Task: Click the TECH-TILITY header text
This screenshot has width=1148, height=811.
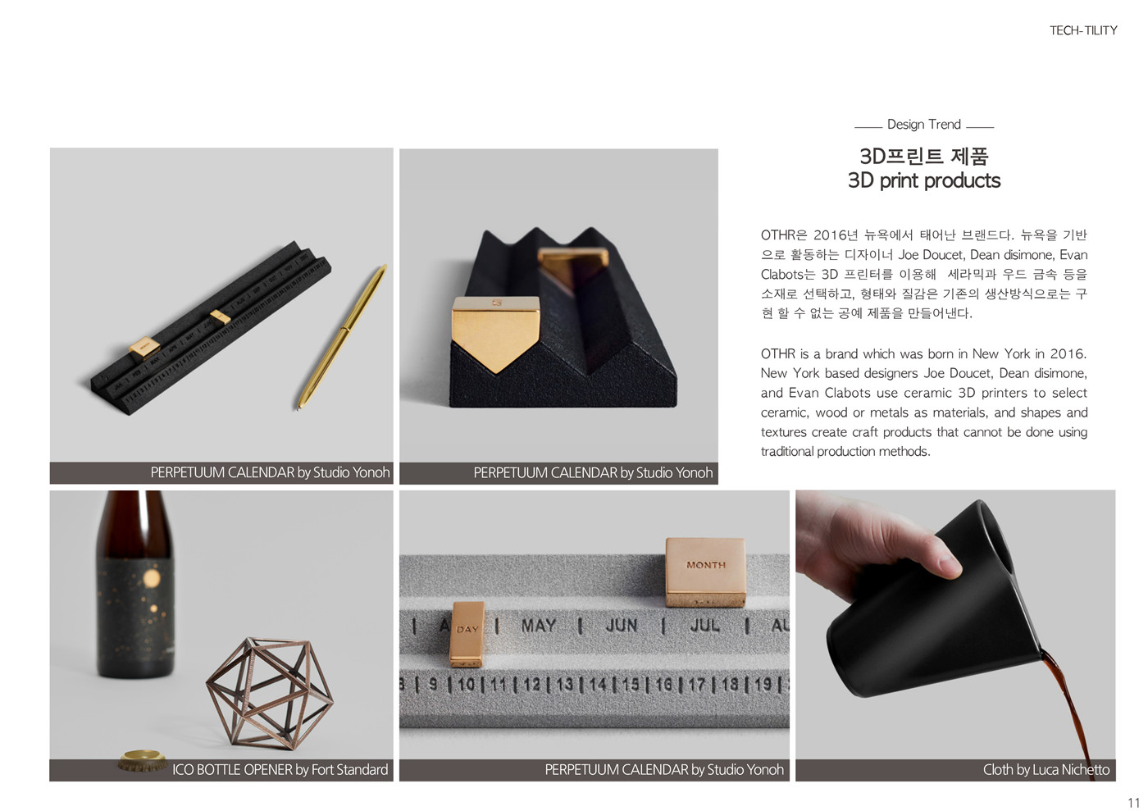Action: coord(1083,30)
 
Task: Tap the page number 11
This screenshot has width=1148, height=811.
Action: coord(1133,802)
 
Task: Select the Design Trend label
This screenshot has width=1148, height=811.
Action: coord(923,124)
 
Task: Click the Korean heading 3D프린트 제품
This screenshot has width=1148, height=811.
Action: coord(923,156)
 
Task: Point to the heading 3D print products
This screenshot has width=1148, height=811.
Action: coord(923,180)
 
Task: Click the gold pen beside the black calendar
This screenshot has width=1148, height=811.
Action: coord(343,336)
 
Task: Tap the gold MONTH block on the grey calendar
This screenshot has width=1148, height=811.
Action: coord(705,572)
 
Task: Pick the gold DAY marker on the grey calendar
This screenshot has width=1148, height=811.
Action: coord(467,634)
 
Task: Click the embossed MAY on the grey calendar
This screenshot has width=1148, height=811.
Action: coord(538,626)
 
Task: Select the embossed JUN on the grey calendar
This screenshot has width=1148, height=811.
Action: coord(622,626)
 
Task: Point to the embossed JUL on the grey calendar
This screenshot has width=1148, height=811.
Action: coord(704,625)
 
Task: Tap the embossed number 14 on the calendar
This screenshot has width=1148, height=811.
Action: coord(598,685)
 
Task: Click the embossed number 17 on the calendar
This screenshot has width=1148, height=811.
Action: coord(696,685)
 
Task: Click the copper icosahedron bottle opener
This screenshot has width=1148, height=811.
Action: coord(269,693)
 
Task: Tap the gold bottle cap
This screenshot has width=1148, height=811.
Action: coord(143,760)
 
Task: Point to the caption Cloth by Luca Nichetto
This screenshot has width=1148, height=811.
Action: coord(1045,769)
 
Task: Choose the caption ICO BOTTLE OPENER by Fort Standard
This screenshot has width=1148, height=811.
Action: coord(280,769)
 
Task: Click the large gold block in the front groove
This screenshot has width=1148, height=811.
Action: coord(495,332)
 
